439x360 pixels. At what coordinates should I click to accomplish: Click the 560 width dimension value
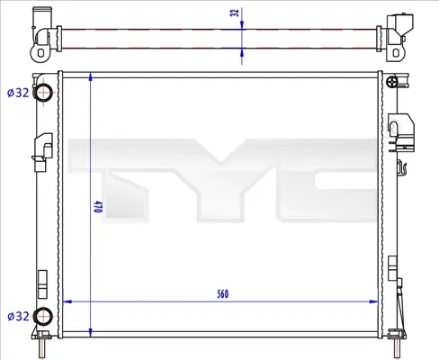[x=222, y=294]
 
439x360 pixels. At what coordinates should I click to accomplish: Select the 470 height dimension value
[x=98, y=207]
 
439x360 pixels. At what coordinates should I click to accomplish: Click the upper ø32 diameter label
[x=18, y=93]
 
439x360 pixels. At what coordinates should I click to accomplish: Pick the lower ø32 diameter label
[x=18, y=316]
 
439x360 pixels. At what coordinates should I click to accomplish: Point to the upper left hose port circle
[x=43, y=92]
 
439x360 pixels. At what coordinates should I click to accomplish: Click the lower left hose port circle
[x=43, y=316]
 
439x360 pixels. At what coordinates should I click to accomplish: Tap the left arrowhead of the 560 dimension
[x=67, y=301]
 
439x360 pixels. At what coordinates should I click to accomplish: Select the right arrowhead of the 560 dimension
[x=374, y=301]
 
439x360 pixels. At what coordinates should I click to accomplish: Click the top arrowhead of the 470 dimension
[x=91, y=76]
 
